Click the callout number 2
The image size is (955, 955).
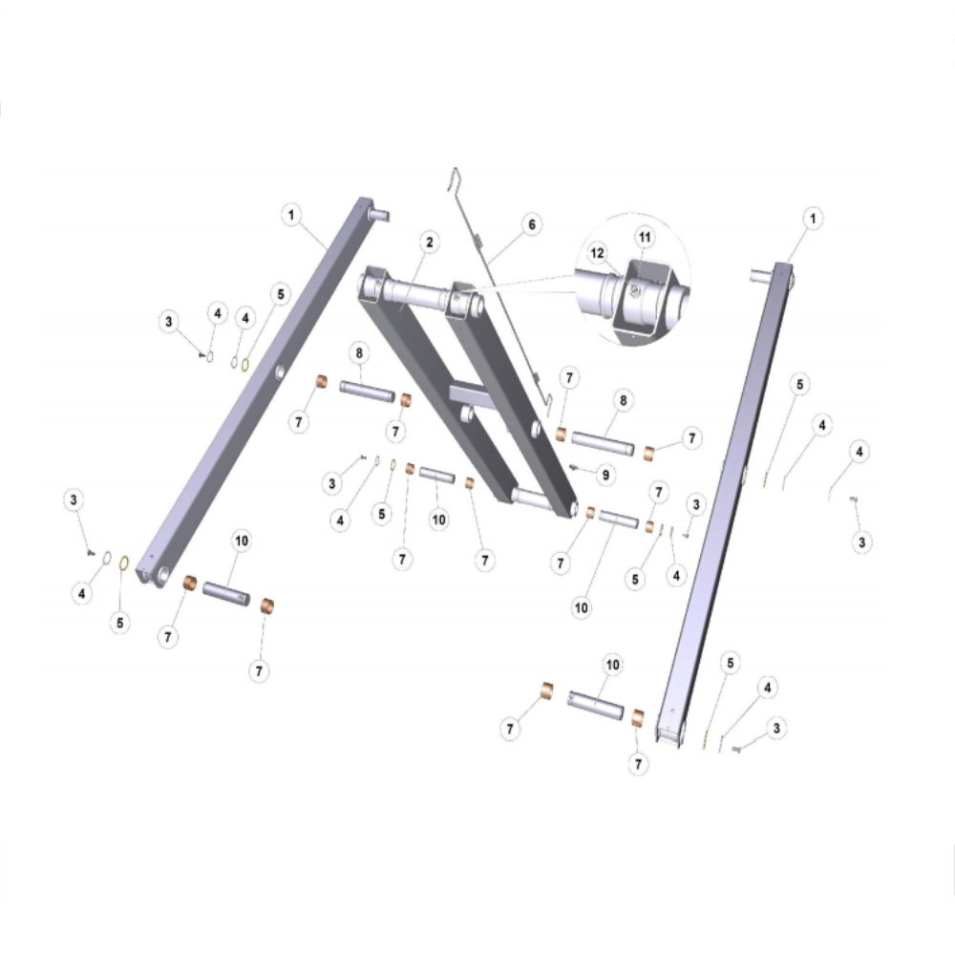click(430, 242)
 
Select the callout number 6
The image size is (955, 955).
click(532, 224)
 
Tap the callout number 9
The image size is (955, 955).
click(605, 475)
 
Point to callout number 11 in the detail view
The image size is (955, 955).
click(645, 237)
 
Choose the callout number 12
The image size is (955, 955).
click(598, 253)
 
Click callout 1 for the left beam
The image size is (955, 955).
click(291, 214)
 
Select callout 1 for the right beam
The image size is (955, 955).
click(813, 218)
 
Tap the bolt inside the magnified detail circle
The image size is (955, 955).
click(634, 290)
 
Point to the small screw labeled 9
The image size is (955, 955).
click(572, 467)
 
